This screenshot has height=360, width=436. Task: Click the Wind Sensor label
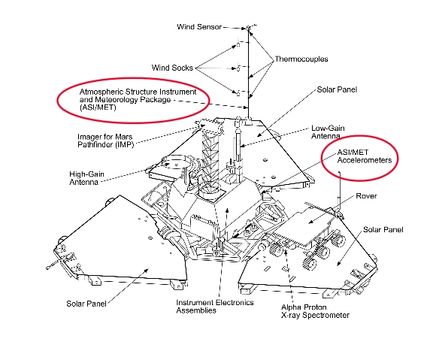pos(199,27)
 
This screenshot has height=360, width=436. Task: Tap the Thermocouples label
pos(301,59)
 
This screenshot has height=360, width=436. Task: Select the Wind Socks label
pos(172,68)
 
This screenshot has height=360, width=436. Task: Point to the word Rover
pos(366,196)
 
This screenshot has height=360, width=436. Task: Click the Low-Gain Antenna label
pos(328,132)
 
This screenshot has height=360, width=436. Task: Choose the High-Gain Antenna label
pos(86,178)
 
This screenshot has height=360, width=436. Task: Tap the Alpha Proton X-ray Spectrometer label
pos(315,311)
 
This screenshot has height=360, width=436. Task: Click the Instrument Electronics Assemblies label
pos(215,307)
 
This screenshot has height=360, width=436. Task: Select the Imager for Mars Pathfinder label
pos(106,141)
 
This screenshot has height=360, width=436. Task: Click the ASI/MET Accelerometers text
pos(365,156)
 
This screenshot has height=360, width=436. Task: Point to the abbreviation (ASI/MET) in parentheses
pos(98,107)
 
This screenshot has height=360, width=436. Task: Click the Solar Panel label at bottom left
pos(86,304)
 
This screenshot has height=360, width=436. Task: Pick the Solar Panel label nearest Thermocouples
pos(337,89)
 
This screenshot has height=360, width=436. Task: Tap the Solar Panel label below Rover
pos(383,230)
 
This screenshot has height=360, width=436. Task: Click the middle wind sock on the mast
pos(238,68)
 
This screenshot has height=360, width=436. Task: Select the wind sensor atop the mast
pos(248,28)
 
